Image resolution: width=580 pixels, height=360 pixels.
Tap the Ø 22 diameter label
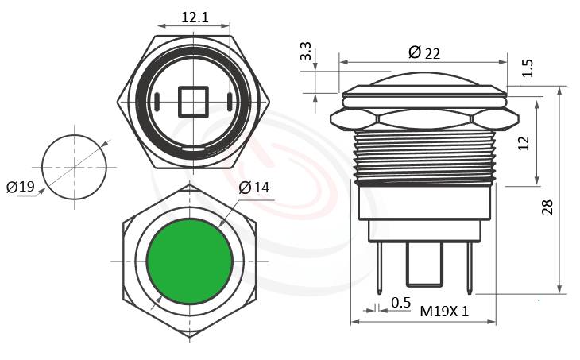(x=423, y=52)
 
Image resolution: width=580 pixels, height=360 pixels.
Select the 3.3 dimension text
(x=305, y=53)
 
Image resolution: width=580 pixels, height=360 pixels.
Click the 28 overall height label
(x=547, y=207)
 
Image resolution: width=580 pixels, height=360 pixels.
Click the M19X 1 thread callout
(x=444, y=312)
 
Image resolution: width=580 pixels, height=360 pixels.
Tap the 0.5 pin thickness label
(x=401, y=303)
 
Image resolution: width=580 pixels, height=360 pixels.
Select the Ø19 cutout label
(x=21, y=187)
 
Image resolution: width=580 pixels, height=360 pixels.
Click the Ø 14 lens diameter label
(x=253, y=188)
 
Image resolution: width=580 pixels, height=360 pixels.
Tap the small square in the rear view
(x=193, y=101)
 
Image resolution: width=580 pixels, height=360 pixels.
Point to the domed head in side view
(x=423, y=83)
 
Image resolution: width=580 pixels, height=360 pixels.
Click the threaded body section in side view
(x=423, y=155)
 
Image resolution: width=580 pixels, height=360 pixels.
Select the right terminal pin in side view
(x=470, y=266)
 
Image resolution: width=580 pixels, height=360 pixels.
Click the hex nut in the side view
(x=423, y=119)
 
